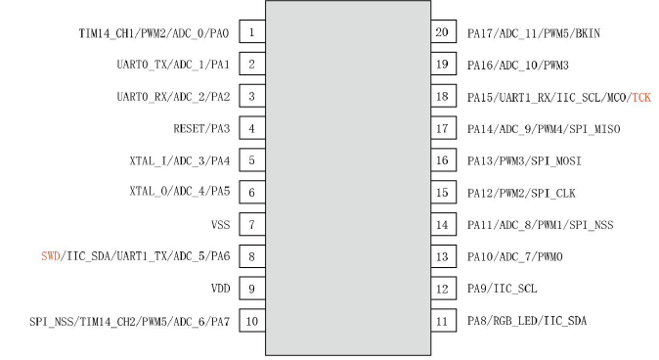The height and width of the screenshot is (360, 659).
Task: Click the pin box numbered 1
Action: [x=252, y=31]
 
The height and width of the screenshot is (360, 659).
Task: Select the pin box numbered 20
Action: [x=443, y=31]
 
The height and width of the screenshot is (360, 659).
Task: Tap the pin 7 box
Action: [x=252, y=224]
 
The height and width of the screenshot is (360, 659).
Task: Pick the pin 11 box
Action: [x=443, y=321]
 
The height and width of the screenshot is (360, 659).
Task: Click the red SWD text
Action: [x=51, y=256]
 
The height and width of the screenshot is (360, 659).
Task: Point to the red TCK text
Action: [x=641, y=98]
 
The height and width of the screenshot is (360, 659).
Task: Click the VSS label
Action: [x=221, y=225]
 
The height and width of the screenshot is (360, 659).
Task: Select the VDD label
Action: [x=221, y=289]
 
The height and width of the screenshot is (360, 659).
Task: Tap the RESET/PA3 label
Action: [x=201, y=129]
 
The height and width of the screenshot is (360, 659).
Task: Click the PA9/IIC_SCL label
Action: [x=503, y=289]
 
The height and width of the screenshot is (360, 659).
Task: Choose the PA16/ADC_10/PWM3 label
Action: [x=518, y=66]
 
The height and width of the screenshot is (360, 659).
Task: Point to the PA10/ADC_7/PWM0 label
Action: [x=515, y=257]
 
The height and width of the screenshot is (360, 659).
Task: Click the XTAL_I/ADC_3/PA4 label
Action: [x=180, y=161]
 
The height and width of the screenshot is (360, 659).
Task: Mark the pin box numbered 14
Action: [x=443, y=224]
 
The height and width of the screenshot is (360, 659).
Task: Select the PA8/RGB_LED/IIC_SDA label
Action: [x=527, y=321]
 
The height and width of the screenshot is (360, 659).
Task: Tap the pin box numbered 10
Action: [x=252, y=321]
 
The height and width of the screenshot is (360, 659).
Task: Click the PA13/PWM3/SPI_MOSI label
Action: [x=524, y=161]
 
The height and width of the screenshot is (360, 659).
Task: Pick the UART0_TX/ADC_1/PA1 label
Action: [x=173, y=65]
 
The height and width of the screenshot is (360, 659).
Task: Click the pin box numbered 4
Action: [x=252, y=128]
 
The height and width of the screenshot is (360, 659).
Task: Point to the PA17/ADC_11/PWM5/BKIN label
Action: [x=534, y=33]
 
